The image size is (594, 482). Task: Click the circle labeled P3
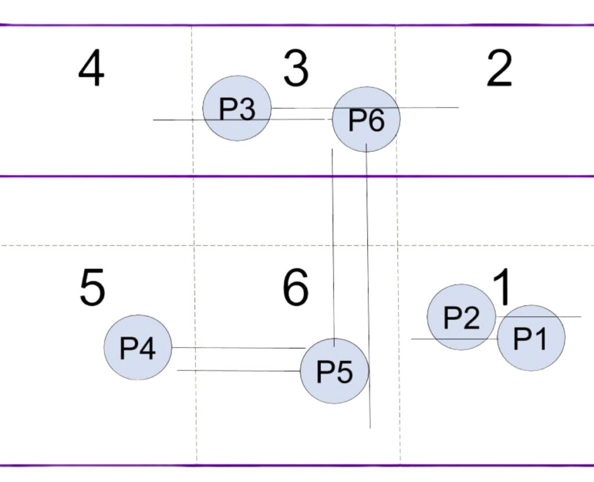pyautogui.click(x=237, y=108)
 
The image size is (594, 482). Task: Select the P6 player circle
pyautogui.click(x=366, y=120)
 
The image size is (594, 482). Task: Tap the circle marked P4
pyautogui.click(x=137, y=348)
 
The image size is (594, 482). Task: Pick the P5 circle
pyautogui.click(x=334, y=371)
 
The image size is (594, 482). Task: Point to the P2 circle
pyautogui.click(x=461, y=317)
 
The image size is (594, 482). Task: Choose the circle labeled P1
pyautogui.click(x=531, y=338)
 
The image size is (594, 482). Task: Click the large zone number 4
pyautogui.click(x=91, y=70)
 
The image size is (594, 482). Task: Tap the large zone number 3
pyautogui.click(x=296, y=70)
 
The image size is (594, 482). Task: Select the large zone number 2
pyautogui.click(x=499, y=70)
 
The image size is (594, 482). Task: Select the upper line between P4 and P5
pyautogui.click(x=238, y=348)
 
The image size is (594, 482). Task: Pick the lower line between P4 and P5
pyautogui.click(x=238, y=370)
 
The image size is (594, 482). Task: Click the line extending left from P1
pyautogui.click(x=452, y=339)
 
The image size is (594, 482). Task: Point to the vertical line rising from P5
pyautogui.click(x=333, y=243)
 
